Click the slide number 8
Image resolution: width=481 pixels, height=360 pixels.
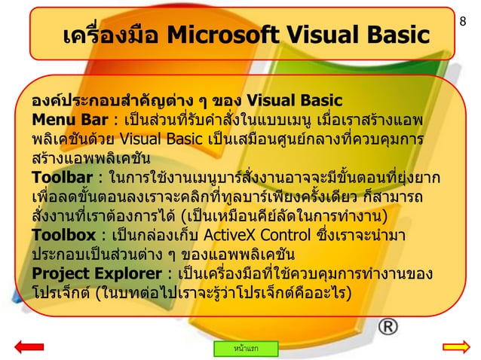click(x=472, y=11)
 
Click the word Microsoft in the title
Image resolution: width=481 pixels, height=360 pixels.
click(x=219, y=34)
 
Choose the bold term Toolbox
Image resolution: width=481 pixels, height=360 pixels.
click(x=60, y=236)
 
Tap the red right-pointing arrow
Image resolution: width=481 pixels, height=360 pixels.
click(x=455, y=346)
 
